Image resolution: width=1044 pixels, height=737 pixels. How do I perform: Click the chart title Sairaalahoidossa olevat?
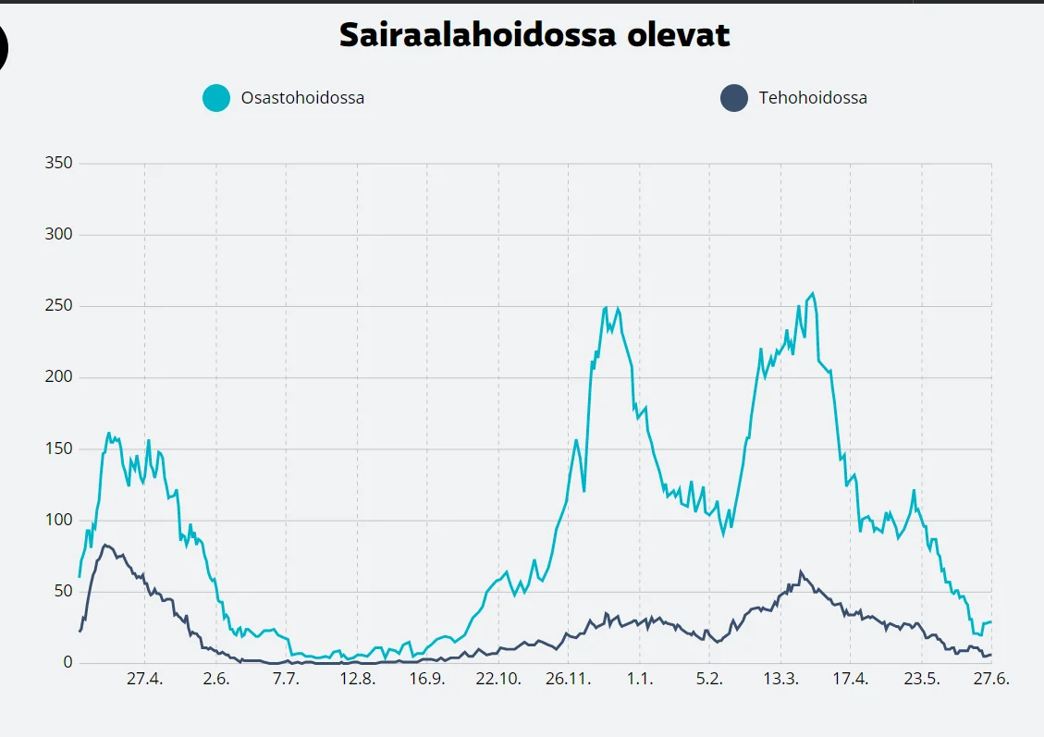point(534,35)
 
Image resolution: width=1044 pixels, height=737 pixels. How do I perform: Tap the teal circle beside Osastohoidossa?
point(216,97)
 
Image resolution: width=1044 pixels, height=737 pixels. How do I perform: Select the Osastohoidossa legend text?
point(302,97)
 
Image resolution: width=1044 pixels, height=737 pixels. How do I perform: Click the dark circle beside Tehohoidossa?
point(734,97)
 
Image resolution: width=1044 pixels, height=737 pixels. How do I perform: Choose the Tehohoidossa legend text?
point(813,97)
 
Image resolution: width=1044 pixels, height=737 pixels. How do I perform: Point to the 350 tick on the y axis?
point(58,164)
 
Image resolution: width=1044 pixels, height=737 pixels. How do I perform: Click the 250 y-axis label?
point(58,306)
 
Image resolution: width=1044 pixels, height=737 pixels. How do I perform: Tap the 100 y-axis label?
point(58,521)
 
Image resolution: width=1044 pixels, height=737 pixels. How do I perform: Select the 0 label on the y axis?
point(68,663)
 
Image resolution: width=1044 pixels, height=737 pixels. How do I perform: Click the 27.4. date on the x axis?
point(144,680)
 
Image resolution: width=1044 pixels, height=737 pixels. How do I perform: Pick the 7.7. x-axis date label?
point(286,680)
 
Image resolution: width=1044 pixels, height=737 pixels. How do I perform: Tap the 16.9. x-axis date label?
point(427,680)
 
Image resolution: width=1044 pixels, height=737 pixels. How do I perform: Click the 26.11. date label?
point(568,680)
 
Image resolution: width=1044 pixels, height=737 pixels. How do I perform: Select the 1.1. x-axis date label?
point(639,680)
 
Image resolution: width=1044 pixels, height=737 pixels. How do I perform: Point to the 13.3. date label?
point(780,680)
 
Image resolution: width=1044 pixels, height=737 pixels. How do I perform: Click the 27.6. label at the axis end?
point(991,680)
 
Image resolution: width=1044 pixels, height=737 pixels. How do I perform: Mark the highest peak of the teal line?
point(813,294)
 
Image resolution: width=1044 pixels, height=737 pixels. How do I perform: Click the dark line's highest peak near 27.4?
point(105,545)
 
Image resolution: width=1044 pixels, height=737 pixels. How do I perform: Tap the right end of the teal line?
point(990,621)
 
